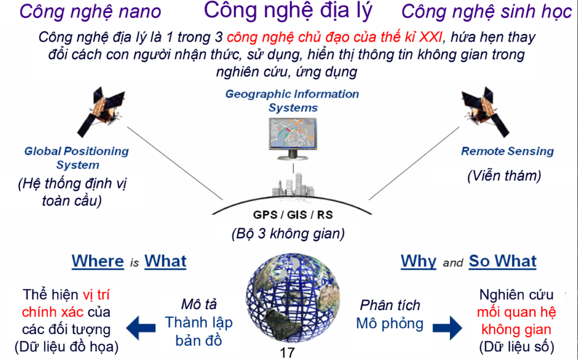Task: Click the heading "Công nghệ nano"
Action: tap(90, 11)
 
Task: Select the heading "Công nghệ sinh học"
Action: tap(486, 11)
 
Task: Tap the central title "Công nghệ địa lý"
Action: tap(288, 10)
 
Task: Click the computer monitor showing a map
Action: tap(292, 137)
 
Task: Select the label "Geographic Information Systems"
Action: tap(292, 100)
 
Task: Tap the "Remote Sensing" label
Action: tap(507, 151)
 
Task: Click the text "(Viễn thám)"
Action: tap(503, 176)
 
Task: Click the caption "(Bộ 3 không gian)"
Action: tap(288, 233)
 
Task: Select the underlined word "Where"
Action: tap(97, 261)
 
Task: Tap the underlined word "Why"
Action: tap(418, 261)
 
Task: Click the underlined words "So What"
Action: tap(502, 261)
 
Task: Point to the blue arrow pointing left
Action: tap(139, 325)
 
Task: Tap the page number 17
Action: tap(288, 353)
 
